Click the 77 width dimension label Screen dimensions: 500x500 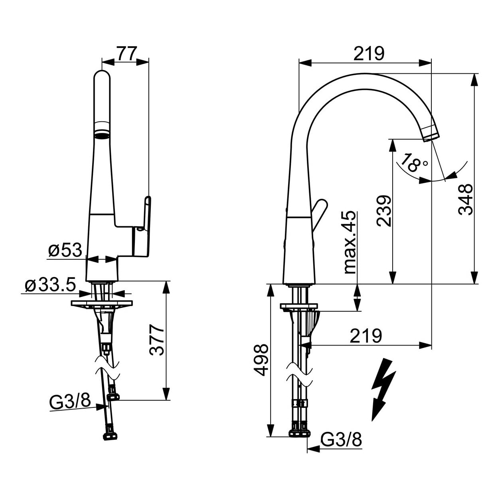[x=126, y=54]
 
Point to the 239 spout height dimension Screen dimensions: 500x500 [x=384, y=211]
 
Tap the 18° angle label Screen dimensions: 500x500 [x=413, y=163]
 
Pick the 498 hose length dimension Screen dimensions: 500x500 [x=261, y=360]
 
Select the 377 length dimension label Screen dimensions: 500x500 [x=157, y=340]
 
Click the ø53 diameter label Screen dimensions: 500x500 [x=65, y=250]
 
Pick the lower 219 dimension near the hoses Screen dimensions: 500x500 [x=366, y=336]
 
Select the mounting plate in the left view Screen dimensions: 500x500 [x=101, y=303]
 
